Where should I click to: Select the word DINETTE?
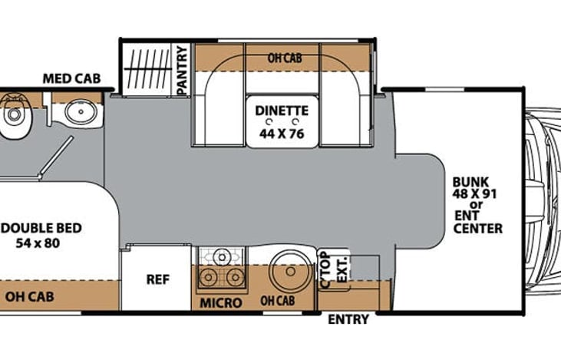tap(282, 111)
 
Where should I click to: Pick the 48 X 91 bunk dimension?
tap(475, 193)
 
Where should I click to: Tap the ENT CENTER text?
tap(477, 222)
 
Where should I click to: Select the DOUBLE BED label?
tap(43, 229)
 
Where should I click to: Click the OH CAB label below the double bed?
tap(29, 296)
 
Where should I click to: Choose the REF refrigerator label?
tap(157, 279)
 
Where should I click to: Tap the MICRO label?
tap(220, 303)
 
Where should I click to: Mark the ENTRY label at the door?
tap(348, 319)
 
